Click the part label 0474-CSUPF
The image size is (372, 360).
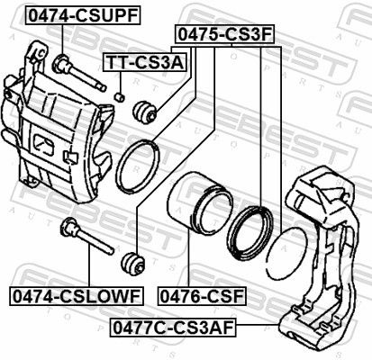[84, 15]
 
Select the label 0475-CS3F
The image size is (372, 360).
[224, 34]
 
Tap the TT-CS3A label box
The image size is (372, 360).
[145, 62]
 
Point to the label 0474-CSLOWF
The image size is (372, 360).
[77, 296]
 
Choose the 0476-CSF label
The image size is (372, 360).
[202, 296]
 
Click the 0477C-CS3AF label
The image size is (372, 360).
[173, 328]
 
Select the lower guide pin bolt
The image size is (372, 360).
[86, 236]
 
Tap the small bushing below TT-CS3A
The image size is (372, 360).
[120, 97]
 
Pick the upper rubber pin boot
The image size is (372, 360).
[145, 112]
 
